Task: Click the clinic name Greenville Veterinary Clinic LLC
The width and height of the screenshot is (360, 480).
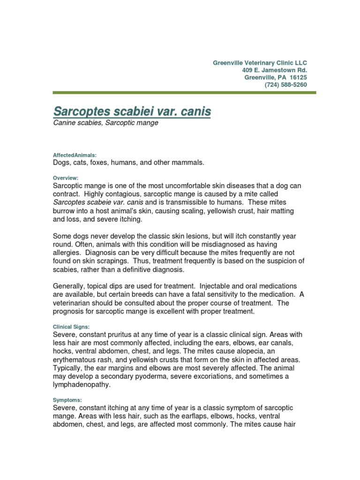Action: [x=260, y=63]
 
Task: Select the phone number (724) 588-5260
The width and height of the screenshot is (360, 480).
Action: [x=286, y=85]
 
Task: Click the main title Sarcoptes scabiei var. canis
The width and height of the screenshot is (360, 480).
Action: [x=132, y=112]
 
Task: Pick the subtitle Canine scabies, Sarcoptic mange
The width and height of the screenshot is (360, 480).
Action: [x=105, y=123]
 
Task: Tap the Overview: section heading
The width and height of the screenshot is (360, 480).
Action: [x=66, y=178]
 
